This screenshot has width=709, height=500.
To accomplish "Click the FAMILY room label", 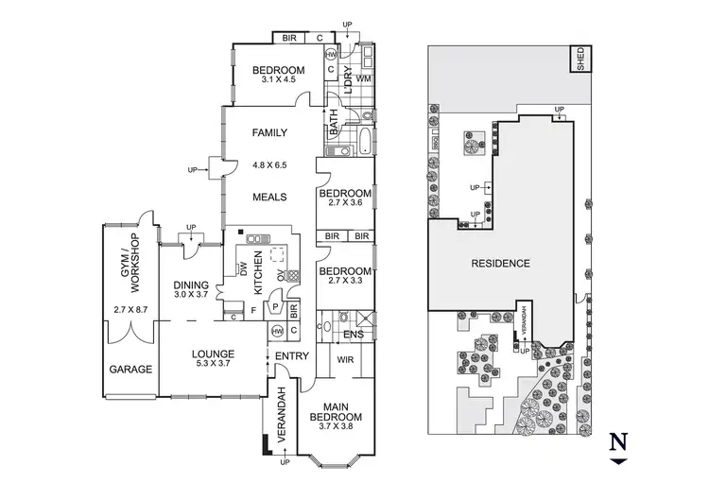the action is pyautogui.click(x=268, y=133).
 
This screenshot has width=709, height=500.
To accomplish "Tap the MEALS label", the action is pyautogui.click(x=268, y=197).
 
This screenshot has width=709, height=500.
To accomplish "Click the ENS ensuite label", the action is pyautogui.click(x=355, y=334).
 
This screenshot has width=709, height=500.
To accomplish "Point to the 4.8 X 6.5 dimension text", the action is pyautogui.click(x=268, y=165).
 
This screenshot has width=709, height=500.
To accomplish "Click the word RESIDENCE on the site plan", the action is pyautogui.click(x=500, y=263).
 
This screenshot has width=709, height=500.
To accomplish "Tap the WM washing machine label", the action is pyautogui.click(x=363, y=78).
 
